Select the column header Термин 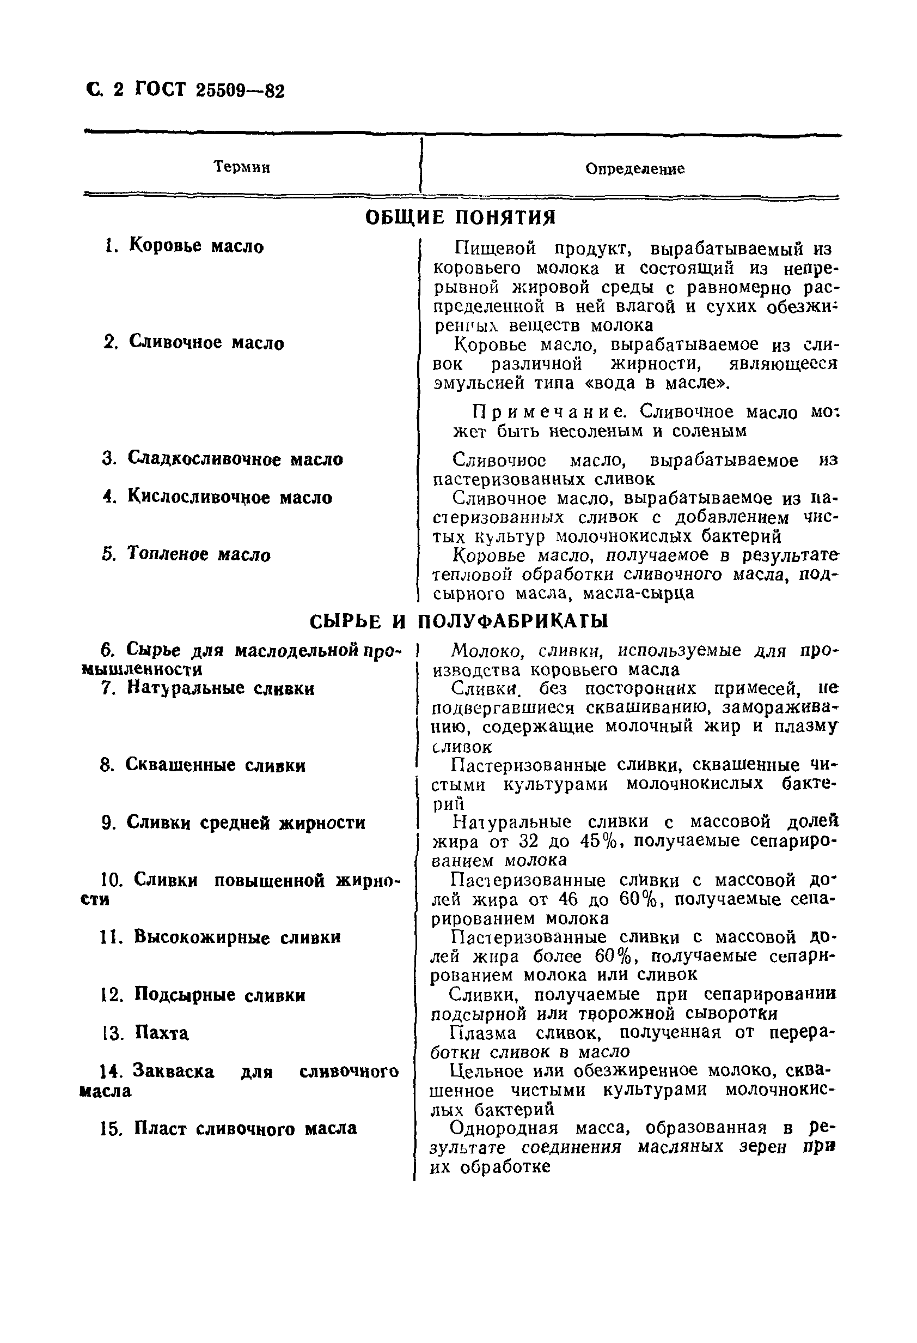point(241,167)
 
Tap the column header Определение point(634,169)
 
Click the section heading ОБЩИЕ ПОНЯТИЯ point(460,218)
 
